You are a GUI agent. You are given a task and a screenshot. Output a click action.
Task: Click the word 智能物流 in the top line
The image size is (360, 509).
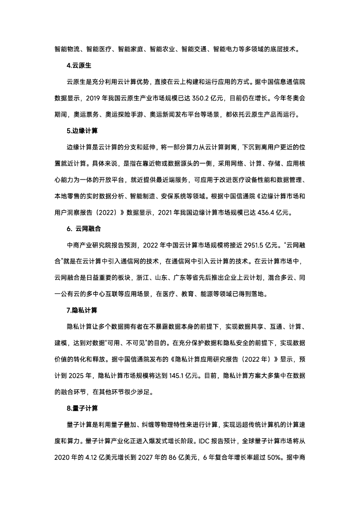[x=67, y=50]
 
